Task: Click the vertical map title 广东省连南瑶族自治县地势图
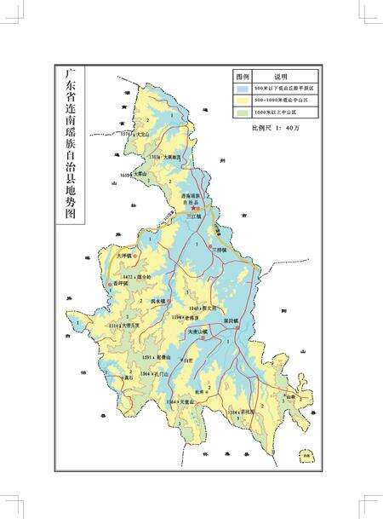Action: pyautogui.click(x=70, y=145)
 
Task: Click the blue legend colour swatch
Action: pyautogui.click(x=243, y=88)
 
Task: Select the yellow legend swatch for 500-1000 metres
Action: pyautogui.click(x=243, y=100)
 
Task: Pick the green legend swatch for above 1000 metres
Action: pyautogui.click(x=243, y=111)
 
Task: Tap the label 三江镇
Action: pyautogui.click(x=196, y=217)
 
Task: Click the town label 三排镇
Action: pyautogui.click(x=219, y=250)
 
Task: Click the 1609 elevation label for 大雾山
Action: pyautogui.click(x=136, y=175)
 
